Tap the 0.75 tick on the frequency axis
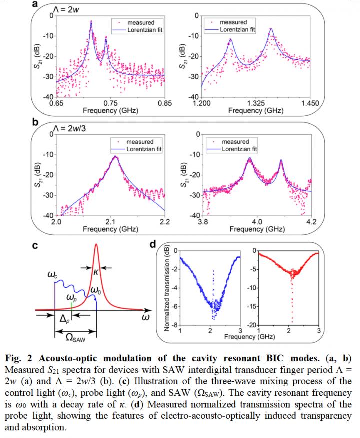pos(110,103)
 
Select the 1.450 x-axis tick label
pos(309,103)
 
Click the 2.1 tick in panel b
pos(110,222)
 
